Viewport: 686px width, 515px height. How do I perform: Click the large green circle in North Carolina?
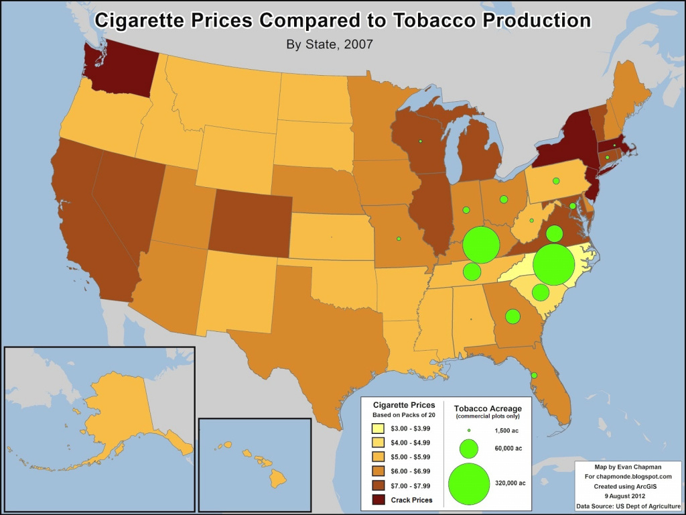[553, 265]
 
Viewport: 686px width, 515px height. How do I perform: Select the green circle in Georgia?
[512, 316]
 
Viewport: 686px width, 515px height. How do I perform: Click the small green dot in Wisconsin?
[420, 141]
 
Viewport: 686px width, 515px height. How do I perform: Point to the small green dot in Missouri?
[399, 238]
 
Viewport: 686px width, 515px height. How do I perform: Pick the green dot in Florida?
[533, 375]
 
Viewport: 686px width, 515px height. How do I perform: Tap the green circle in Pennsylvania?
[555, 180]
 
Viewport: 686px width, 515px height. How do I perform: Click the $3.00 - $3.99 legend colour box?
[379, 428]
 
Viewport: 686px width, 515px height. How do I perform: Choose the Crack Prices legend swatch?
[379, 500]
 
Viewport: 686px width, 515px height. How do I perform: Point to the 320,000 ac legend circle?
[468, 483]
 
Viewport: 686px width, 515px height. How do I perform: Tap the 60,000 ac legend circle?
[468, 448]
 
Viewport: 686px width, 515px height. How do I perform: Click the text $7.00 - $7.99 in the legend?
[411, 485]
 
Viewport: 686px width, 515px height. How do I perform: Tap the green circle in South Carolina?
[540, 292]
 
